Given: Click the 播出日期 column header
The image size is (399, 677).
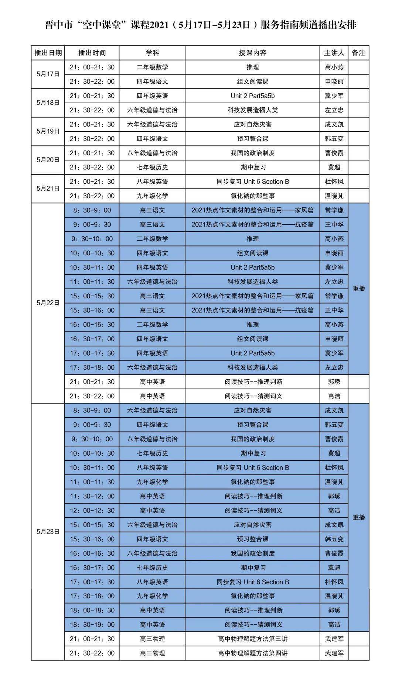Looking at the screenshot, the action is [x=48, y=53].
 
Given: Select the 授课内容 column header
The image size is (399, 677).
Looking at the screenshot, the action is [x=252, y=53].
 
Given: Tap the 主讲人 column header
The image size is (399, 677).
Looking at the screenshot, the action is [x=334, y=53].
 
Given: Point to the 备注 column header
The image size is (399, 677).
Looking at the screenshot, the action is [x=358, y=53].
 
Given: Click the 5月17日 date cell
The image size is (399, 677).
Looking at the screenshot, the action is [x=48, y=74].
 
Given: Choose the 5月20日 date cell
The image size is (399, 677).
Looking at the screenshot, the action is [x=48, y=160].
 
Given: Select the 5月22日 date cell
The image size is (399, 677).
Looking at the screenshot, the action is [x=48, y=303].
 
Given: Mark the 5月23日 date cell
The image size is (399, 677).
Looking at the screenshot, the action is [x=48, y=532].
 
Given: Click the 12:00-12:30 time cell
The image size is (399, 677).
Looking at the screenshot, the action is [x=92, y=511].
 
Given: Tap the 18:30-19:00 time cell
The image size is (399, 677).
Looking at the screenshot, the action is [x=92, y=625].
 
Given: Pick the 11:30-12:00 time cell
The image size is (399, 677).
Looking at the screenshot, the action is [x=92, y=496].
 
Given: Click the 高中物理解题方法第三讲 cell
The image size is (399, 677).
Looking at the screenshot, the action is [x=252, y=639].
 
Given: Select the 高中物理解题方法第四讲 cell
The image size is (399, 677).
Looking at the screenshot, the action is [x=252, y=653].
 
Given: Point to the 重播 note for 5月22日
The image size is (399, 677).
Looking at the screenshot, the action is [x=358, y=289].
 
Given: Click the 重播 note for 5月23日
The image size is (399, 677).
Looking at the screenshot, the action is [x=358, y=517].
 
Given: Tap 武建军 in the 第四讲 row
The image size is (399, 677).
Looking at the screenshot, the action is [x=334, y=653].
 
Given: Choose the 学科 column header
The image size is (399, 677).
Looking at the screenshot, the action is [x=152, y=53].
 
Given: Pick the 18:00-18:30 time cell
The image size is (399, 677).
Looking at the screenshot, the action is [x=92, y=610].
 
